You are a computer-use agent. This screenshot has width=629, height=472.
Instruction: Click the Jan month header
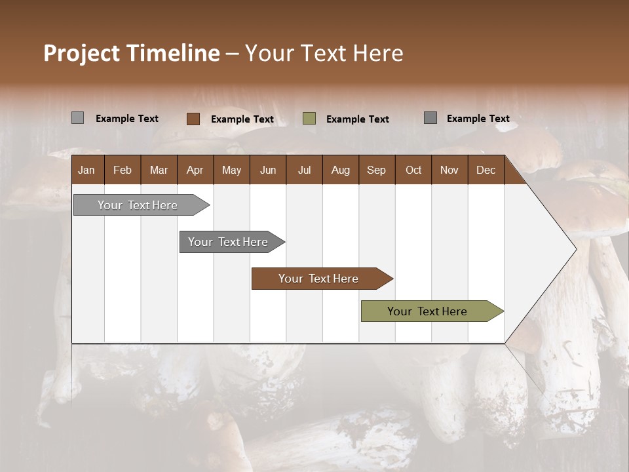coord(86,170)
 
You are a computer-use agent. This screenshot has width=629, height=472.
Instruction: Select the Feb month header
coord(123,170)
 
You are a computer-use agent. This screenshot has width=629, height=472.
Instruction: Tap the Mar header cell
coord(159,170)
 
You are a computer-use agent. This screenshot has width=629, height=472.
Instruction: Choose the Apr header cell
coord(195,170)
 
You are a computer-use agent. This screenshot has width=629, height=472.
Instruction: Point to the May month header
coord(231,170)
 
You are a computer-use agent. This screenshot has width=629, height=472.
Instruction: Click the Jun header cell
coord(268,170)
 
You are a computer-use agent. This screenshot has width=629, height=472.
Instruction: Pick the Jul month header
coord(304,170)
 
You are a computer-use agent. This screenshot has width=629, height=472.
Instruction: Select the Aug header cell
coord(340,170)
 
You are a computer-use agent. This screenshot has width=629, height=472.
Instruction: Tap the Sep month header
coord(376,170)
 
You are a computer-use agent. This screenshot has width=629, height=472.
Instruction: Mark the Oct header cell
coord(413,170)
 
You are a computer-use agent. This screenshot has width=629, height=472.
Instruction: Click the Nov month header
coord(449,170)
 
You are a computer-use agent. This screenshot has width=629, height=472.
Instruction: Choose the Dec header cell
coord(486,170)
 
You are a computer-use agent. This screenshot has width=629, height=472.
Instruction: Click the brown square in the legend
coord(193,119)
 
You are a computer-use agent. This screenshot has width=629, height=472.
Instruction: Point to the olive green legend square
coord(309,119)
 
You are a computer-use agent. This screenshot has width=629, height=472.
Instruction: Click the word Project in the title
coord(81,53)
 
